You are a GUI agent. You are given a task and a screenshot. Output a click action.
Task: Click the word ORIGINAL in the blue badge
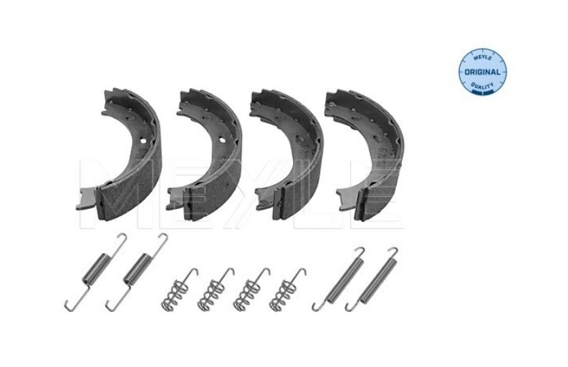482,72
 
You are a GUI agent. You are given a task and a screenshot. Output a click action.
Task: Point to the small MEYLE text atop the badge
483,58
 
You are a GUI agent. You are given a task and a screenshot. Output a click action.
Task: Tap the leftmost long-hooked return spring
96,271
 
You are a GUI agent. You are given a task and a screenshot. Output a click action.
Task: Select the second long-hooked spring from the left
137,271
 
